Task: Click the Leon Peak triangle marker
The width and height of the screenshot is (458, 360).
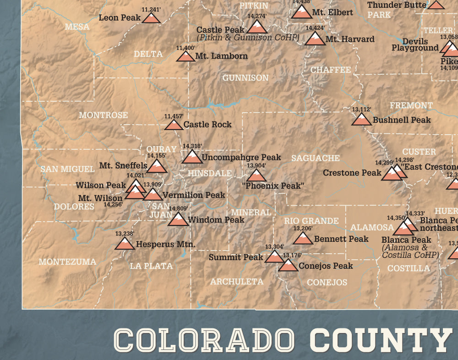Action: [151, 18]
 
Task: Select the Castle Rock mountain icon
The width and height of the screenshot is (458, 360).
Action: [174, 124]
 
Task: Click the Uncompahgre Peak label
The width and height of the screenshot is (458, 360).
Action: [241, 157]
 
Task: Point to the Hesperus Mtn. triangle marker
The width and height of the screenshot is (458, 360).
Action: [125, 244]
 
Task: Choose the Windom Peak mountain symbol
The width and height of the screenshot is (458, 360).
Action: [178, 219]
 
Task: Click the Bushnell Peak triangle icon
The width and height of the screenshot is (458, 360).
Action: [361, 120]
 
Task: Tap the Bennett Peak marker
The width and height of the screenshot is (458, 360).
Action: [303, 239]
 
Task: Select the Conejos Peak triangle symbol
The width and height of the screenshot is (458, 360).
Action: [288, 265]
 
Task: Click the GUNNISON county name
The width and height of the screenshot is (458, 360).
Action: [245, 78]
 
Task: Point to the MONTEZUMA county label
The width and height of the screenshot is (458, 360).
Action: [67, 262]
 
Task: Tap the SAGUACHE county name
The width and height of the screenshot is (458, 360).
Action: [316, 158]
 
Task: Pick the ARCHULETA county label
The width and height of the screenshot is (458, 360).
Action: [237, 282]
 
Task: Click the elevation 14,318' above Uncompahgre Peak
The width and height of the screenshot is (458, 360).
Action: [192, 146]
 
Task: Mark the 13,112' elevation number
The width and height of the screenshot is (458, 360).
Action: [361, 109]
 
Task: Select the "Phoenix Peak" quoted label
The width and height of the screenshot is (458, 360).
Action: [273, 186]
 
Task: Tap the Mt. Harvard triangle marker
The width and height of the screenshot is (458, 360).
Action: [315, 39]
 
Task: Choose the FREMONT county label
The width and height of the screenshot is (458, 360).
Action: [411, 105]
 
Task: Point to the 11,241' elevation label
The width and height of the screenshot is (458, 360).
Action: [151, 9]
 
